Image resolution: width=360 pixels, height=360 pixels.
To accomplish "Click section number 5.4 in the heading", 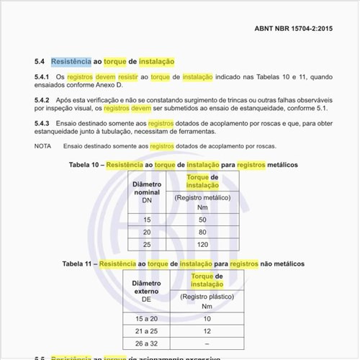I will (x=40, y=62).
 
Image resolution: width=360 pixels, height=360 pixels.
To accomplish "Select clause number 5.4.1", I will (x=42, y=76).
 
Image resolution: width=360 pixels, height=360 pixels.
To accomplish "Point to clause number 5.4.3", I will (x=42, y=124).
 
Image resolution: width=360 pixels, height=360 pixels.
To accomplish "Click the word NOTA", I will (x=43, y=146).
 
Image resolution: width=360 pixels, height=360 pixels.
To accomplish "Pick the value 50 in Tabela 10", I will (x=202, y=219).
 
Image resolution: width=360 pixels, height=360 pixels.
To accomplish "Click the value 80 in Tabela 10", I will (x=202, y=232).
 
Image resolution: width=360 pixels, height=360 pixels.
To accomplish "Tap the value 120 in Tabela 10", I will (x=202, y=245).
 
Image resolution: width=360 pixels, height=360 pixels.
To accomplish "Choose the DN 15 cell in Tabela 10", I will (x=147, y=219).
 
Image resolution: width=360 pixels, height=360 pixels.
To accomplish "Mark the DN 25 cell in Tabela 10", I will (x=147, y=245).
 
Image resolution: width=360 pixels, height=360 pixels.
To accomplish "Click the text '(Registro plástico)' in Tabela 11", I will (x=207, y=297).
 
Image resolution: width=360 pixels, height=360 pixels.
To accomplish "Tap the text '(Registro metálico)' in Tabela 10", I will (x=202, y=197).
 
